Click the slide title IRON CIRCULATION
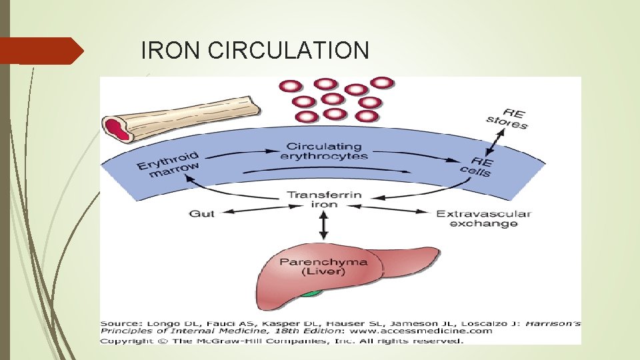click(x=255, y=50)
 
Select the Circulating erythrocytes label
click(x=324, y=151)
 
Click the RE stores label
click(x=507, y=119)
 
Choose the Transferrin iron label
click(x=324, y=199)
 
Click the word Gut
click(x=202, y=213)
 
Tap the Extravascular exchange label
click(x=483, y=218)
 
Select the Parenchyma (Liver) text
click(x=323, y=266)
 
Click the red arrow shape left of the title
click(x=41, y=51)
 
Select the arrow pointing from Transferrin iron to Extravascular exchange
click(x=393, y=213)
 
